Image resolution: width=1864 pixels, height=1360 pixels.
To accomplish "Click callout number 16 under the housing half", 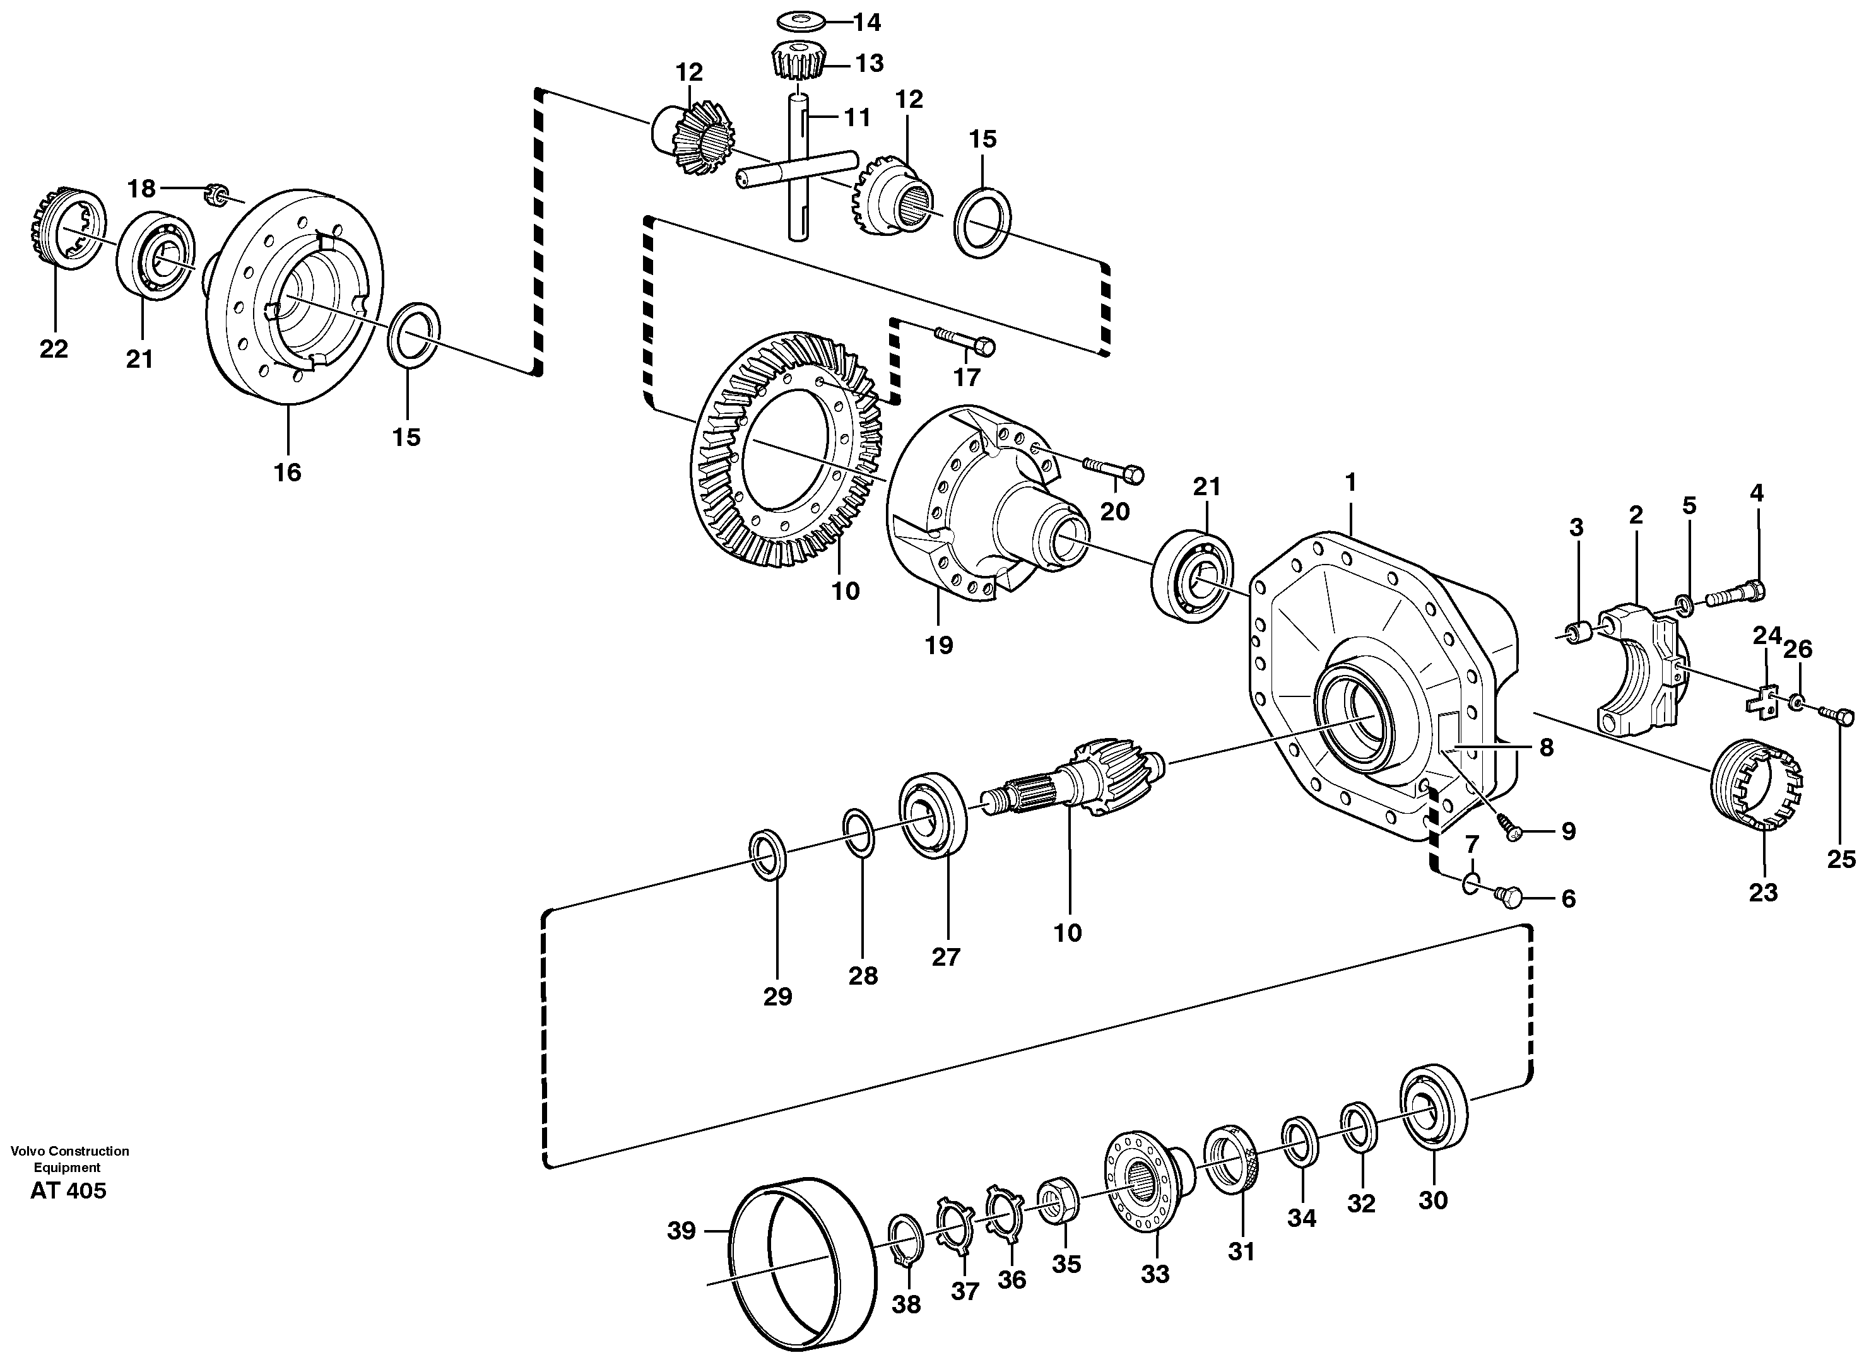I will (x=288, y=472).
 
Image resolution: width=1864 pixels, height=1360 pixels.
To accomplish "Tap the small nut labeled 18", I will (x=216, y=195).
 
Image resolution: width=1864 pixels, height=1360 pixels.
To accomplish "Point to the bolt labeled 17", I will (x=964, y=339).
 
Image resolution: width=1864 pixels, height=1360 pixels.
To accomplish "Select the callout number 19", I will (x=938, y=645).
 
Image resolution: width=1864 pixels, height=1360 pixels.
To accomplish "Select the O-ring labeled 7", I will (x=1472, y=884).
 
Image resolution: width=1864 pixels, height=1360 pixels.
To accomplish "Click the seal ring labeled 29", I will (x=767, y=855).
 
